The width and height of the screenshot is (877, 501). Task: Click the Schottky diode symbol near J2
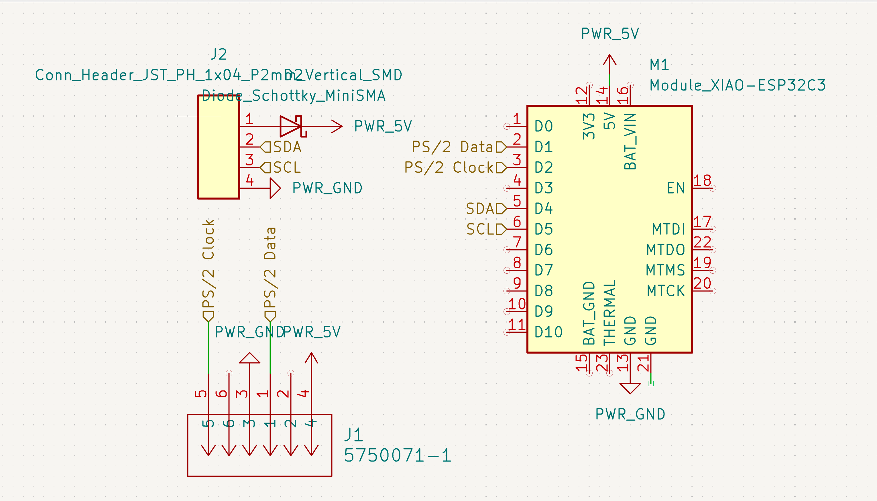click(291, 126)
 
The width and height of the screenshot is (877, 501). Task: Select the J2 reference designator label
click(219, 54)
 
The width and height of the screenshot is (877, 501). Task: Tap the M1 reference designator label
click(659, 65)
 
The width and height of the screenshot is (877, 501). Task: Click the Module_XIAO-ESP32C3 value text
click(737, 85)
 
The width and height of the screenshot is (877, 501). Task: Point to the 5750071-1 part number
click(397, 455)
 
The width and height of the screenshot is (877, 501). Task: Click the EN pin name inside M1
click(675, 188)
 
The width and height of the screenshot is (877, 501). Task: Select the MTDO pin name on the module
click(665, 250)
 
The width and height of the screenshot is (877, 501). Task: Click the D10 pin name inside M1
click(548, 332)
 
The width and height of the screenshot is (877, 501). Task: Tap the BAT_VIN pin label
click(630, 141)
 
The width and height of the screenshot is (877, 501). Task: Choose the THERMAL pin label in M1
click(609, 312)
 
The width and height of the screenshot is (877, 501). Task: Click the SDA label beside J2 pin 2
click(287, 147)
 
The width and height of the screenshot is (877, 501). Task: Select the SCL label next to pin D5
click(481, 229)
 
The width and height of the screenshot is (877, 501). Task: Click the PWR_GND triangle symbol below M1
click(630, 388)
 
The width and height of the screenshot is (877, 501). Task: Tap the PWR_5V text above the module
click(609, 34)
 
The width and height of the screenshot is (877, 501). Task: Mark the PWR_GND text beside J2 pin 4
click(327, 188)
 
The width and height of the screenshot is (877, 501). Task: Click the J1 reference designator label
click(353, 435)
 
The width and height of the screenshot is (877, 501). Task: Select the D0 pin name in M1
click(544, 126)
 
